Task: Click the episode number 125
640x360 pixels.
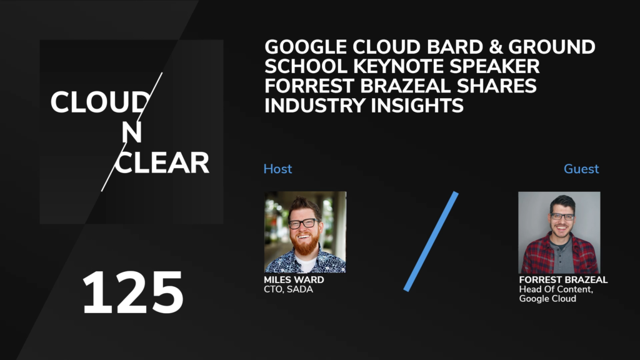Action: tap(132, 292)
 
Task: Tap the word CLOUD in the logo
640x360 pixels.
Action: tap(100, 102)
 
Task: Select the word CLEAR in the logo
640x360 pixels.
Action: tap(162, 163)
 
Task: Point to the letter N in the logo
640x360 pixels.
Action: tap(131, 132)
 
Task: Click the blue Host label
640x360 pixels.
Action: tap(277, 169)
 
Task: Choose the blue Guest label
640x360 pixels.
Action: tap(581, 169)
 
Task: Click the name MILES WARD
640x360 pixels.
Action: tap(294, 280)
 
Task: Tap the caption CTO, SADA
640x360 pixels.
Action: tap(289, 289)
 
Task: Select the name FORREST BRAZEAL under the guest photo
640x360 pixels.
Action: tap(563, 280)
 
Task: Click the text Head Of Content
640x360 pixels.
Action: tap(556, 289)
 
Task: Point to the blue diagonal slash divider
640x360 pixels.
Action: tap(431, 241)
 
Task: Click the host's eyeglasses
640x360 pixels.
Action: tap(303, 224)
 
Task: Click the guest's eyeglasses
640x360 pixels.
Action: tap(562, 216)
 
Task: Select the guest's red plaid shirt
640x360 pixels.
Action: tap(559, 255)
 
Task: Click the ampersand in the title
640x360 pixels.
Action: tap(496, 47)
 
